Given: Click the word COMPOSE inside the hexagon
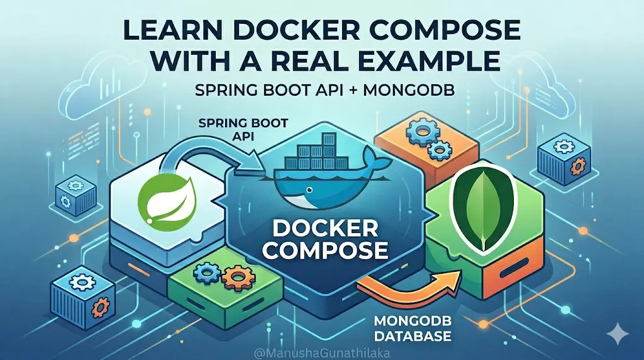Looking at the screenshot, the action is (x=325, y=250).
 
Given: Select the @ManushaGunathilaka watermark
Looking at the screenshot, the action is (x=321, y=353).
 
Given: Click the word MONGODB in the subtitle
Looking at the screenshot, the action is (x=409, y=91).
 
